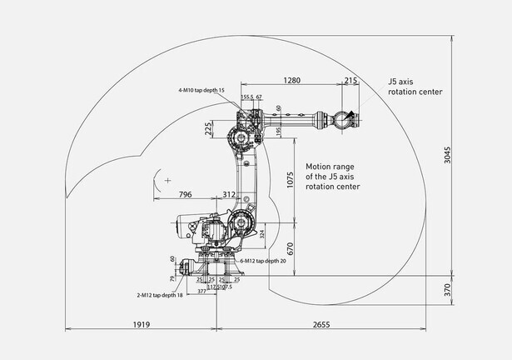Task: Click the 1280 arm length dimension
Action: click(291, 80)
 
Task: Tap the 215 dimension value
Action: click(350, 80)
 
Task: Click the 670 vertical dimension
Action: click(291, 247)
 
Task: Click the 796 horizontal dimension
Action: click(185, 194)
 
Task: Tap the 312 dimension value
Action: click(230, 194)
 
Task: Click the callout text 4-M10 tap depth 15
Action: click(201, 89)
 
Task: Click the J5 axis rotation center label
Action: click(415, 87)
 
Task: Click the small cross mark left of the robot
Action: click(167, 180)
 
